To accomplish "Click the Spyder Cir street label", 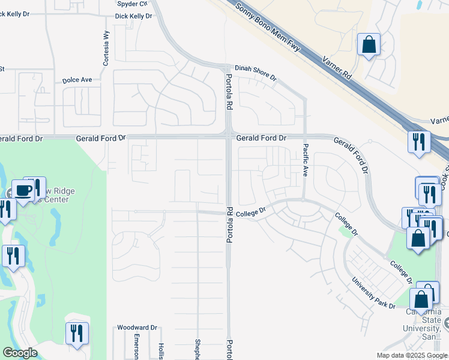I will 131,4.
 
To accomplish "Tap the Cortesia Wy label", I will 106,48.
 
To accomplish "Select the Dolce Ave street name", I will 77,79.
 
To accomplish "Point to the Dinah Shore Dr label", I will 255,73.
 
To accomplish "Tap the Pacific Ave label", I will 305,160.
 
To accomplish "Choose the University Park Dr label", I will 374,293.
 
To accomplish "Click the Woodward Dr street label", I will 137,328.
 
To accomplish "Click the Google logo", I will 20,353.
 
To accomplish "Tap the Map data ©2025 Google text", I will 411,355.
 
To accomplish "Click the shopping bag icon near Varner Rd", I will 369,45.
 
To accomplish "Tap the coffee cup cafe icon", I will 23,191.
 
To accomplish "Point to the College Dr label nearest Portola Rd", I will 250,213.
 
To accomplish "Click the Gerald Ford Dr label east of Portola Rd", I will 261,138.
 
